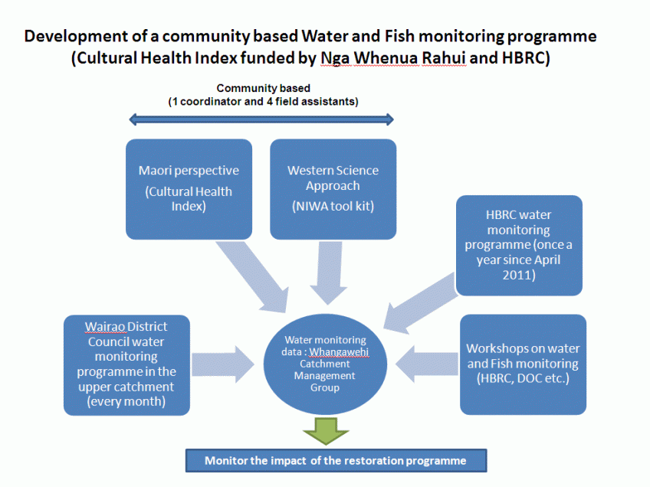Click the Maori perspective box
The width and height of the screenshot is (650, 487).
tap(189, 188)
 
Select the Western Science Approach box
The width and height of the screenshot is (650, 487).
tap(333, 188)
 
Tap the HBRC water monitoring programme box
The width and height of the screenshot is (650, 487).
tap(519, 245)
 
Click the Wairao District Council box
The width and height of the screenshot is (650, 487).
tap(126, 364)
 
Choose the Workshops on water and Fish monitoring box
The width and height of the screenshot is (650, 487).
tap(523, 364)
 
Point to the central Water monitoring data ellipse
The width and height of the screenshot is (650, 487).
tap(325, 364)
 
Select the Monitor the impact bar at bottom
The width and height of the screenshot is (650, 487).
tap(335, 461)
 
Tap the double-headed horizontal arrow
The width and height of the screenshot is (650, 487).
tap(261, 119)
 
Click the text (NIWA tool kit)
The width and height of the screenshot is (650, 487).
tap(333, 205)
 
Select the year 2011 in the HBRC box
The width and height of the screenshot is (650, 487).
tap(519, 273)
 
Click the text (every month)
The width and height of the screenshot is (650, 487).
tap(126, 400)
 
